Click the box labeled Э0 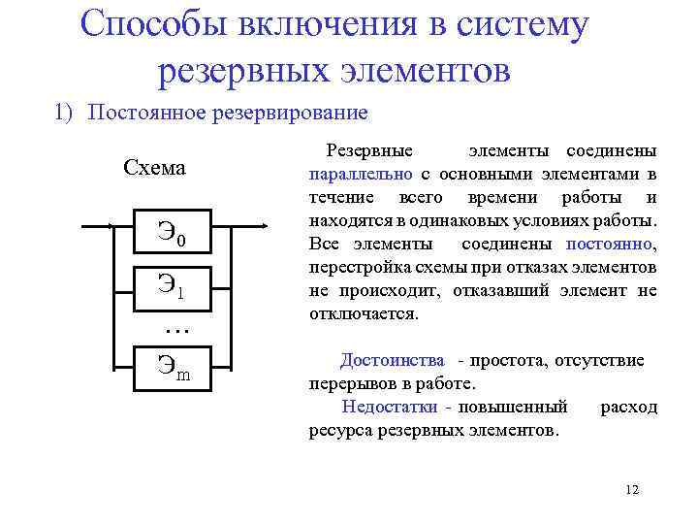(171, 234)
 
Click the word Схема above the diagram (155, 168)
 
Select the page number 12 (633, 489)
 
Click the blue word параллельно (361, 175)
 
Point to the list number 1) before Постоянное (64, 113)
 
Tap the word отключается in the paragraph (363, 313)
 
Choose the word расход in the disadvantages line (628, 407)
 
